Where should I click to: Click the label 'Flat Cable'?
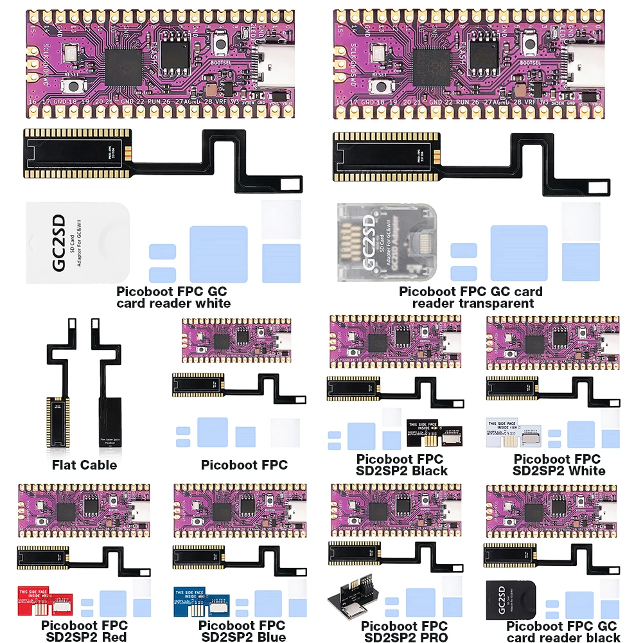point(84,464)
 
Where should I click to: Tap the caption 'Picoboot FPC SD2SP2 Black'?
point(400,464)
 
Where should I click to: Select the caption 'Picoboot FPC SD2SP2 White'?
point(558,464)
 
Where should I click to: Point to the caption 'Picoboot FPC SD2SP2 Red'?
point(85,631)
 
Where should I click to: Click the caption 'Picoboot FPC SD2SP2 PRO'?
point(403,631)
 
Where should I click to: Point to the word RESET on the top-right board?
point(379,75)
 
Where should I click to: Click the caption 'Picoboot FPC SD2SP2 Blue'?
point(242,631)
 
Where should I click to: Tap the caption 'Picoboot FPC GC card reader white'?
point(172,297)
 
